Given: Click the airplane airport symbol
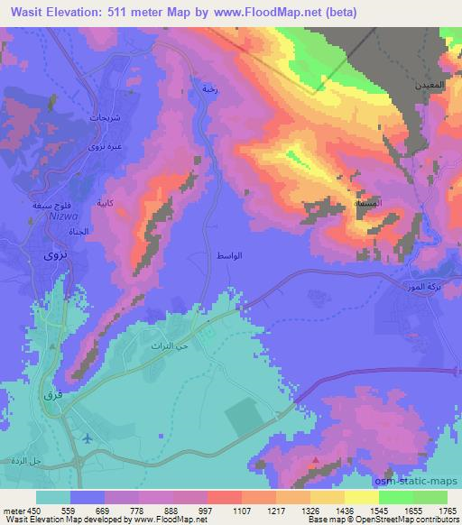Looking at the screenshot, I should point(87,438).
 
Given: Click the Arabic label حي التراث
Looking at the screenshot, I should point(165,345).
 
